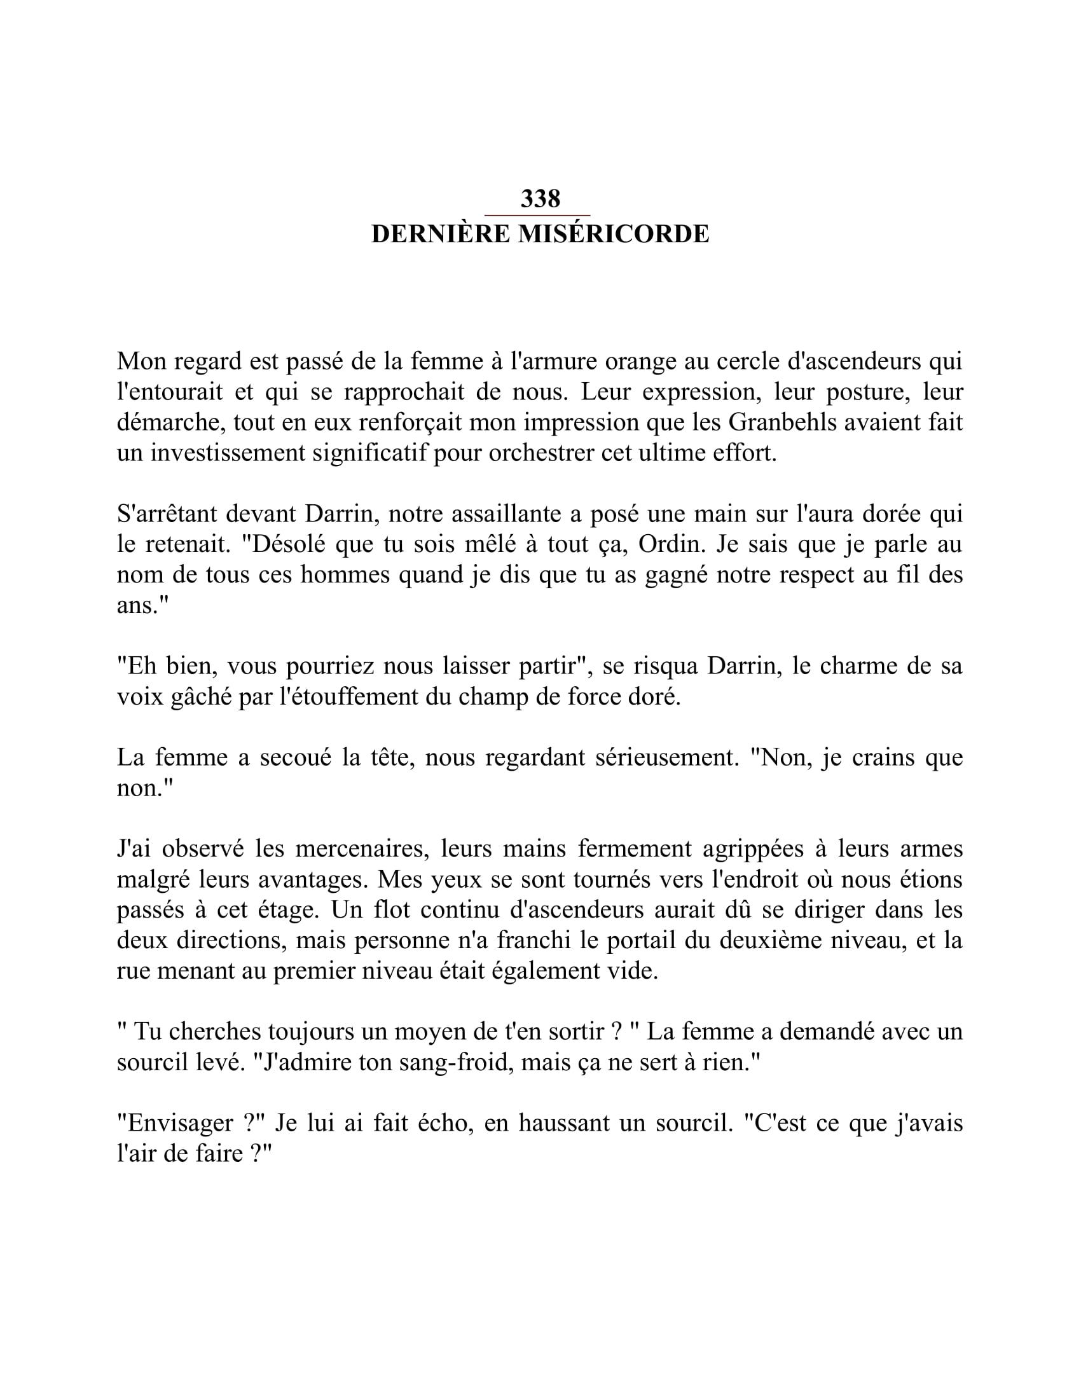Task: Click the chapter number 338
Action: (x=540, y=198)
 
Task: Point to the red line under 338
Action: (x=537, y=216)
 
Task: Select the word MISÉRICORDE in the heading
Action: (x=614, y=235)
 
